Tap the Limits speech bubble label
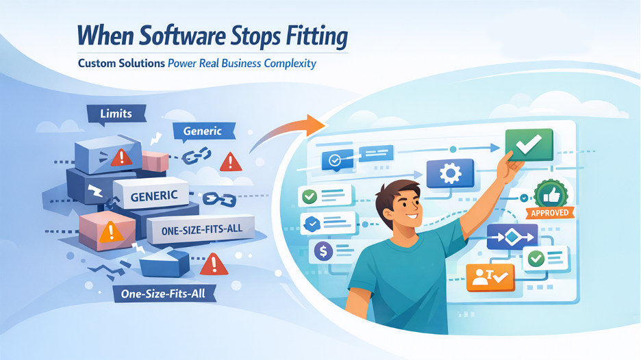(x=115, y=113)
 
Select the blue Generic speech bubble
(x=203, y=130)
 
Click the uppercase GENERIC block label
(x=154, y=196)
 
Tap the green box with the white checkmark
(x=529, y=144)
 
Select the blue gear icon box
(x=450, y=174)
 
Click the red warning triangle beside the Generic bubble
(x=231, y=162)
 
